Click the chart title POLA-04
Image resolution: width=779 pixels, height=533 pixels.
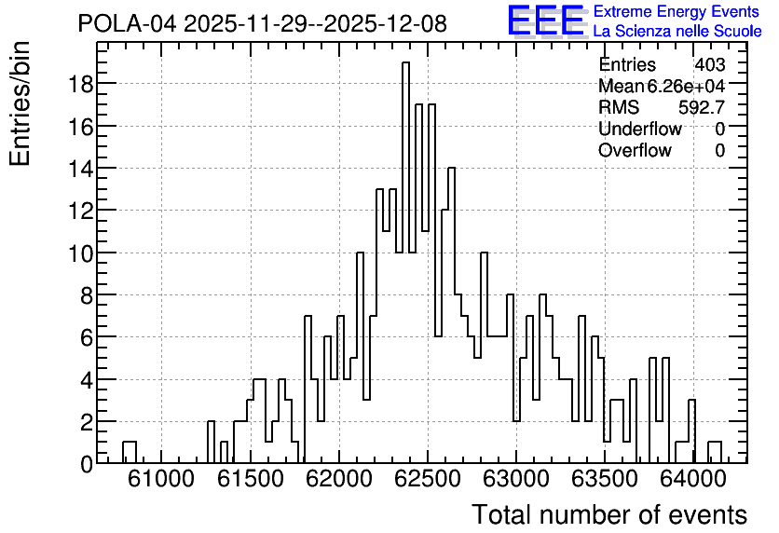(x=127, y=23)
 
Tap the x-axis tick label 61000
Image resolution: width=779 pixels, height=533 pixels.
(x=160, y=479)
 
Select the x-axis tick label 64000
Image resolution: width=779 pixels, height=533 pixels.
(x=693, y=479)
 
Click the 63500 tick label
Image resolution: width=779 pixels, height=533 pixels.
(x=605, y=479)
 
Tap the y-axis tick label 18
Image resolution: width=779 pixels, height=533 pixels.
(x=80, y=84)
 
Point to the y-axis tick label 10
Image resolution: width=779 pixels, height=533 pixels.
(x=80, y=253)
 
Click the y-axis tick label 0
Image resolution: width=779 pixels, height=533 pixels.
(x=87, y=464)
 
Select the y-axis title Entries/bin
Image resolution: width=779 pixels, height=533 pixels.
(x=20, y=103)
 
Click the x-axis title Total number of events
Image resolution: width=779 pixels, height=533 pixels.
(x=609, y=514)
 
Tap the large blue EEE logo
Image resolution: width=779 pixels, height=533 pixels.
(x=546, y=21)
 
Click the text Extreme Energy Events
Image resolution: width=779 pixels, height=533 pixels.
(x=676, y=11)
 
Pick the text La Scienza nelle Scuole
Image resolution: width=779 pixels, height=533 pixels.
(x=677, y=31)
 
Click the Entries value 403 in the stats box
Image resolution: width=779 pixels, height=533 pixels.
(x=710, y=64)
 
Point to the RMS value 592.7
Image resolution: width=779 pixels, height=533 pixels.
(x=702, y=107)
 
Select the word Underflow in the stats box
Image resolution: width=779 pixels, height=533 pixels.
(x=640, y=129)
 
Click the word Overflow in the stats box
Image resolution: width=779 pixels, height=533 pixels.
(x=635, y=150)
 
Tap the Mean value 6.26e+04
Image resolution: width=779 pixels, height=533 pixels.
(x=686, y=86)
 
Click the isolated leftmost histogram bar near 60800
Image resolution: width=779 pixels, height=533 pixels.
(x=130, y=452)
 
